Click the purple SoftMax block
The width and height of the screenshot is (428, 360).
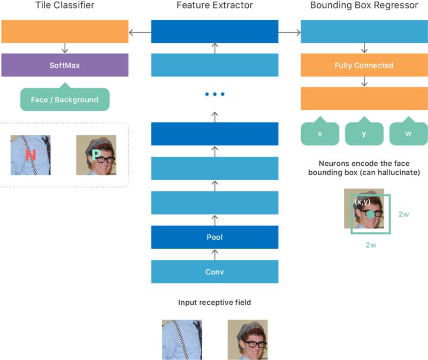coord(65,65)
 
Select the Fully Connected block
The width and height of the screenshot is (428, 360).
coord(364,65)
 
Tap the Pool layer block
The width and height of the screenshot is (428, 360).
coord(215,237)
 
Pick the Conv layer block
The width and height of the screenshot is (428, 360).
coord(215,272)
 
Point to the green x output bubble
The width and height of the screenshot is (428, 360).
coord(320,133)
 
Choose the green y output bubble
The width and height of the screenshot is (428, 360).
coord(364,133)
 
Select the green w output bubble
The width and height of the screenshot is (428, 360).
coord(408,133)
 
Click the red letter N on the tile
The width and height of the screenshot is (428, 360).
coord(30,156)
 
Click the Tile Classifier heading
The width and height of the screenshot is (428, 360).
coord(64,6)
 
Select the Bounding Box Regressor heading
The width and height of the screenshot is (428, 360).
coord(364,6)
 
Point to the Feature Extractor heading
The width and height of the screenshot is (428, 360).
coord(215,6)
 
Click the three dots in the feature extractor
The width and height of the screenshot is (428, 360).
coord(215,95)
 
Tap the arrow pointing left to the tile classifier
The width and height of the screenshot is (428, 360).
coord(140,33)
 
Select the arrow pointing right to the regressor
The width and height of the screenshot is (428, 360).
coord(289,33)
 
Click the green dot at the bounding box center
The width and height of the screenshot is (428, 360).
coord(371,215)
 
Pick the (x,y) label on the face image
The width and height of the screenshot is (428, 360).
coord(363,202)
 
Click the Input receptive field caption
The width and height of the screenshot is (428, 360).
coord(215,303)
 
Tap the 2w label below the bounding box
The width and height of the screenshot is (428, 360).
coord(371,245)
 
